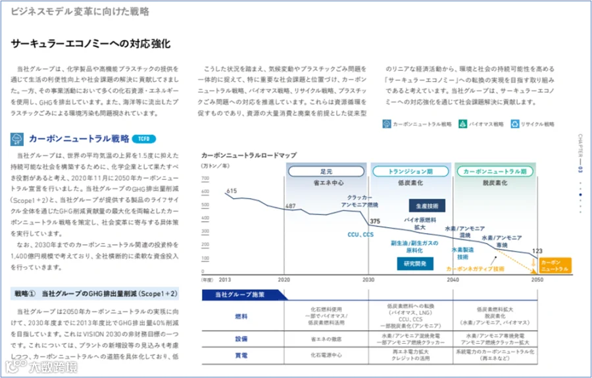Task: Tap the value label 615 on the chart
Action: [232, 191]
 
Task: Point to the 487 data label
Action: [290, 206]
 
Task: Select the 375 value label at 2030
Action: [375, 221]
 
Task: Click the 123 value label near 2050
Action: [537, 251]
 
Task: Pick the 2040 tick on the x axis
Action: [453, 279]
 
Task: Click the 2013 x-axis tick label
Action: [225, 279]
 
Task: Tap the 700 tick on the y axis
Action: [206, 178]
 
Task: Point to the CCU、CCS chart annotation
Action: [360, 234]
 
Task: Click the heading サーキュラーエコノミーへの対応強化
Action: [91, 43]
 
